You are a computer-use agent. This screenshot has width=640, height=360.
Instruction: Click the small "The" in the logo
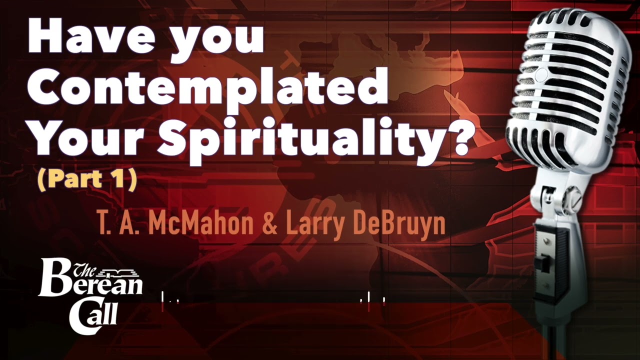(x=83, y=270)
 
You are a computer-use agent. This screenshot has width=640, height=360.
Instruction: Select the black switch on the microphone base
(x=543, y=264)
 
